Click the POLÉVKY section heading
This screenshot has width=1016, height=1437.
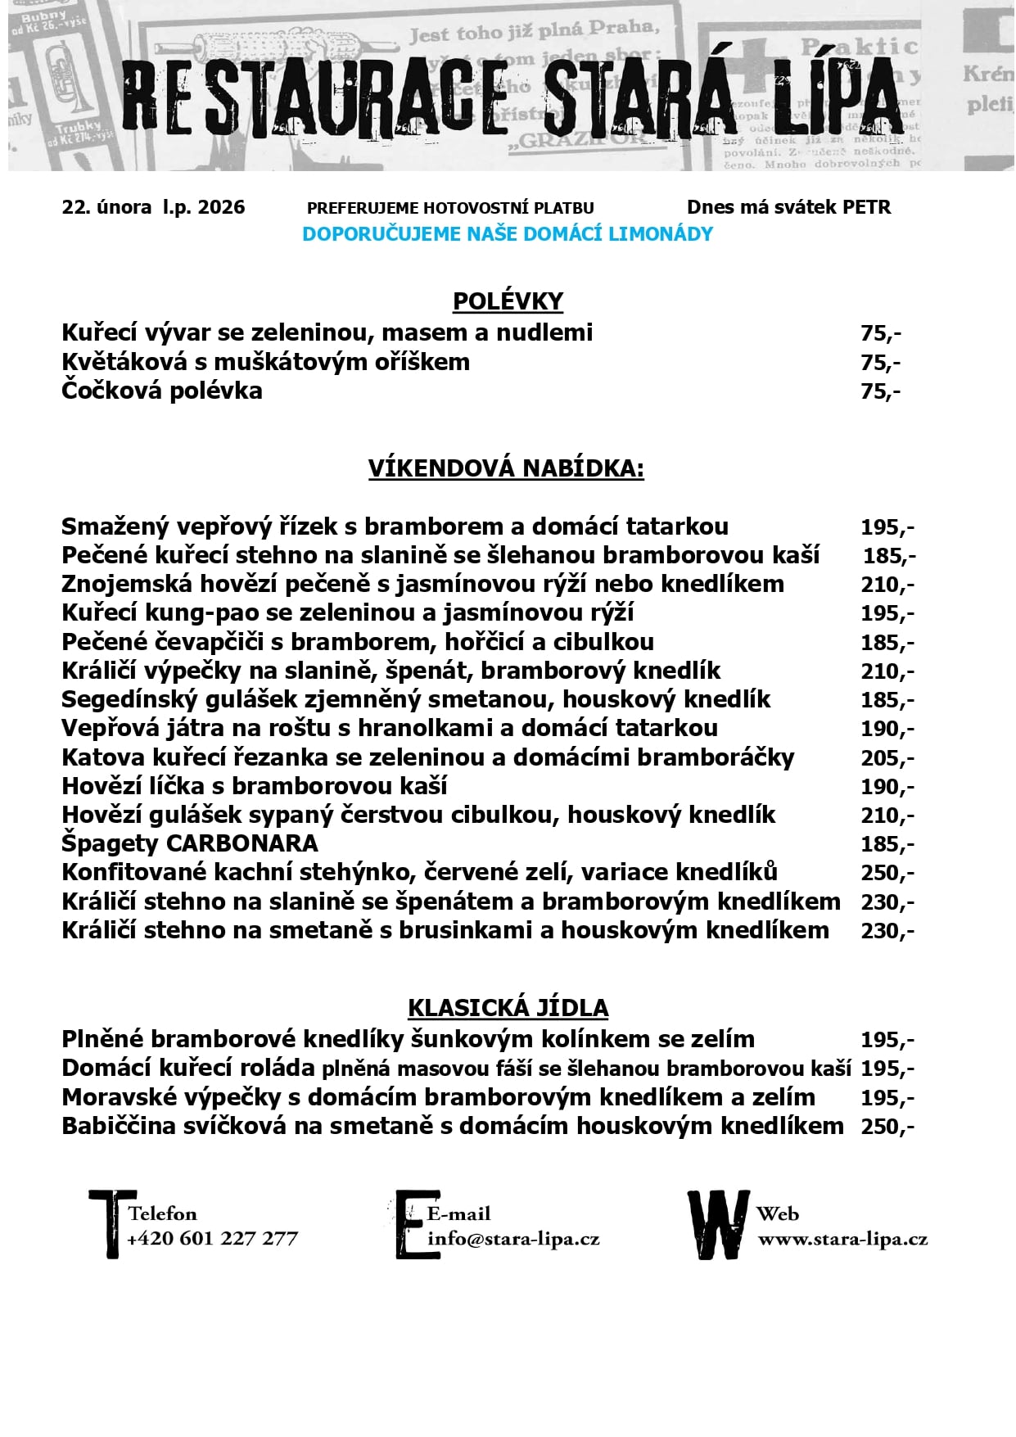pyautogui.click(x=508, y=301)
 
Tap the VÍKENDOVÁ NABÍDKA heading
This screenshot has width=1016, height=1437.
pyautogui.click(x=506, y=468)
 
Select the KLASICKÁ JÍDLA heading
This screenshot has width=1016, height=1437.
pyautogui.click(x=508, y=1008)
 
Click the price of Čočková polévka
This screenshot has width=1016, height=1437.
pyautogui.click(x=880, y=391)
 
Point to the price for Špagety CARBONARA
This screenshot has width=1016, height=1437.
pyautogui.click(x=887, y=844)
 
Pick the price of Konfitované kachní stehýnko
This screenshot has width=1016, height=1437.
pyautogui.click(x=887, y=873)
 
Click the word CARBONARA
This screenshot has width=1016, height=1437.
pyautogui.click(x=242, y=843)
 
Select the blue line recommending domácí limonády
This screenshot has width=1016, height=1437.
pyautogui.click(x=508, y=234)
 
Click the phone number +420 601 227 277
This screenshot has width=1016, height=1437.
pyautogui.click(x=213, y=1238)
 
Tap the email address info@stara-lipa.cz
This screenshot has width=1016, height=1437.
pyautogui.click(x=513, y=1238)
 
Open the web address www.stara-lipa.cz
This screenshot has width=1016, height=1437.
pyautogui.click(x=842, y=1238)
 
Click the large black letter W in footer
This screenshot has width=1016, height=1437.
pyautogui.click(x=717, y=1225)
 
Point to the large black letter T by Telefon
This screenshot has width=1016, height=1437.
pyautogui.click(x=111, y=1223)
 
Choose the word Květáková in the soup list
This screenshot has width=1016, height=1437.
pyautogui.click(x=124, y=362)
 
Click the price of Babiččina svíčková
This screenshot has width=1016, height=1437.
pyautogui.click(x=887, y=1127)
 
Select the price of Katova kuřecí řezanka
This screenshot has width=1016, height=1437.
pyautogui.click(x=887, y=758)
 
